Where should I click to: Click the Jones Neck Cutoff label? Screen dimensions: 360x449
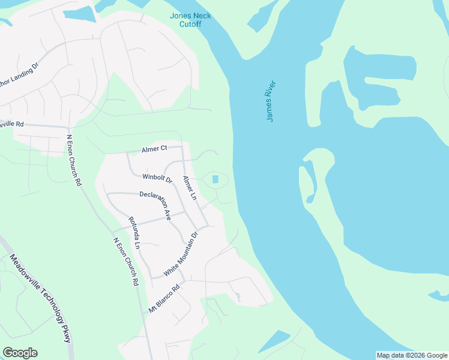pos(185,20)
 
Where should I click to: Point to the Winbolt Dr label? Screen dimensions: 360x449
pos(157,178)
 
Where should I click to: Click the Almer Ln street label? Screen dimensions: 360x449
pos(190,188)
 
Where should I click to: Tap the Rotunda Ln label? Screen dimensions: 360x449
pos(134,232)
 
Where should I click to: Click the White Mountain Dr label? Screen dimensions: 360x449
pos(175,254)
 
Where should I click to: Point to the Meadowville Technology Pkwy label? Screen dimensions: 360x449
pos(40,298)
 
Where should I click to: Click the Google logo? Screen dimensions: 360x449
pos(20,353)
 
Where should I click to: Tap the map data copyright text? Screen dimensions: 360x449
pos(412,355)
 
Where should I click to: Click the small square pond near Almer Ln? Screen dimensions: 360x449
pos(215,179)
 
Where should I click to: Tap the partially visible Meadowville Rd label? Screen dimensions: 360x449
pos(11,124)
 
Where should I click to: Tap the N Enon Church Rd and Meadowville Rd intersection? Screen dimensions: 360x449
pos(70,128)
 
